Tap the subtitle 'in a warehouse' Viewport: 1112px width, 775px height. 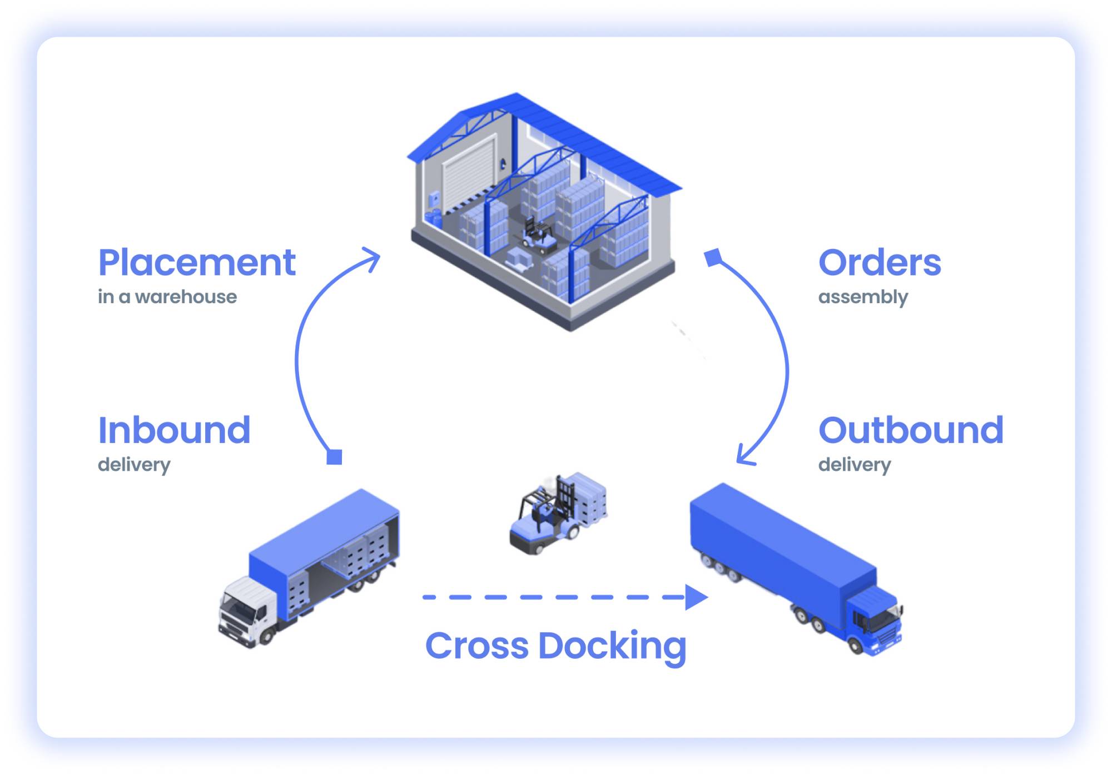tap(167, 297)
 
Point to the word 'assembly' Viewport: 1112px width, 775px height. tap(863, 297)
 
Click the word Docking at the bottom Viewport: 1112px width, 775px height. tap(612, 646)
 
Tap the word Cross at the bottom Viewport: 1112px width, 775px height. tap(476, 646)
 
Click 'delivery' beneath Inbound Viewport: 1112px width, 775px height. tap(134, 464)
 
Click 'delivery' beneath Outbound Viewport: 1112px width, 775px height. tap(855, 464)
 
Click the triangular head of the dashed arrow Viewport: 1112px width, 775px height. tap(696, 597)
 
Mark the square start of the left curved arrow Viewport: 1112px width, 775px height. tap(334, 457)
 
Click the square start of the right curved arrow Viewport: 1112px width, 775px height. tap(713, 257)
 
